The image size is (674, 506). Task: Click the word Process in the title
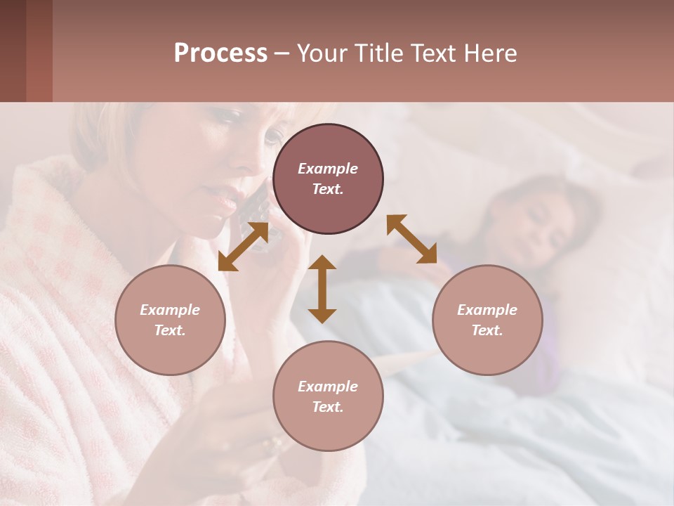220,53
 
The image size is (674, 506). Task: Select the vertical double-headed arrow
322,289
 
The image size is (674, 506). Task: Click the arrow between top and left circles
243,246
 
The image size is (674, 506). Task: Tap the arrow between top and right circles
412,239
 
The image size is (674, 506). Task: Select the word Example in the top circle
328,169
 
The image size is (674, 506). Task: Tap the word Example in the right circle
487,310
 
